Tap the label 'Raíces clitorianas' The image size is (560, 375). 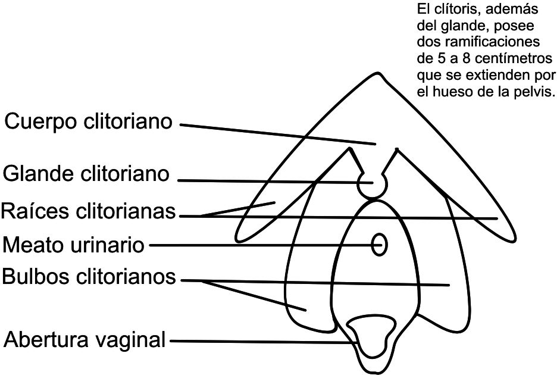pyautogui.click(x=89, y=211)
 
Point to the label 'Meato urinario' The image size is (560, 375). pyautogui.click(x=74, y=244)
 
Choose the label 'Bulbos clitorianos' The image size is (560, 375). pyautogui.click(x=89, y=277)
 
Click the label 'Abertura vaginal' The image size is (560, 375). pyautogui.click(x=84, y=340)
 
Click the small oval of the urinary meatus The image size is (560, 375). pyautogui.click(x=379, y=244)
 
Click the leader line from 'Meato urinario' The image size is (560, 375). pyautogui.click(x=262, y=244)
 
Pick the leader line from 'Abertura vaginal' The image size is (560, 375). pyautogui.click(x=262, y=342)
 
